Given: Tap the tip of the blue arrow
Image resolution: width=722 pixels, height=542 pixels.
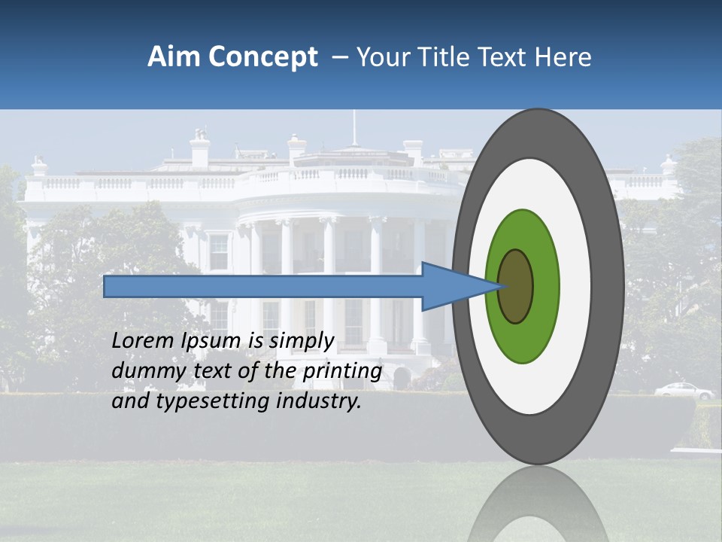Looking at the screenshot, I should click(499, 286).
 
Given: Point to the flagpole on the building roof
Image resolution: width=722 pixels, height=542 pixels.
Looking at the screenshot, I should click(353, 128).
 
